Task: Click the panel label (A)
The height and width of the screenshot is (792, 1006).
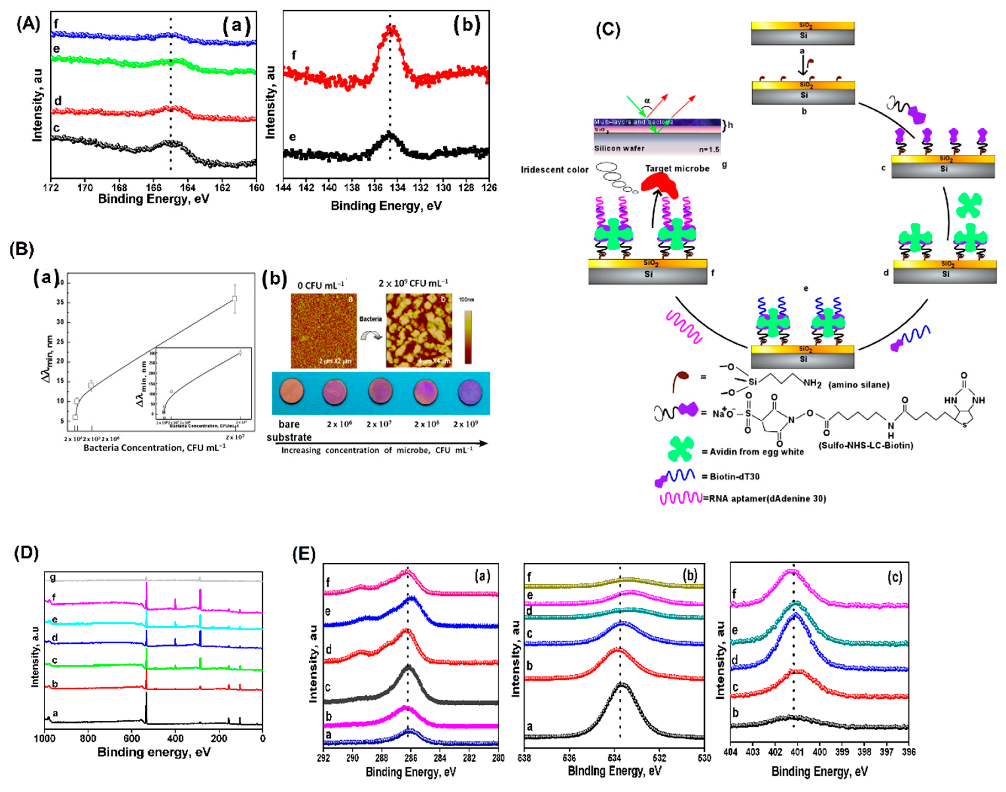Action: coord(28,23)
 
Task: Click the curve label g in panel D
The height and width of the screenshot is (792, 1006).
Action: coord(53,578)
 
